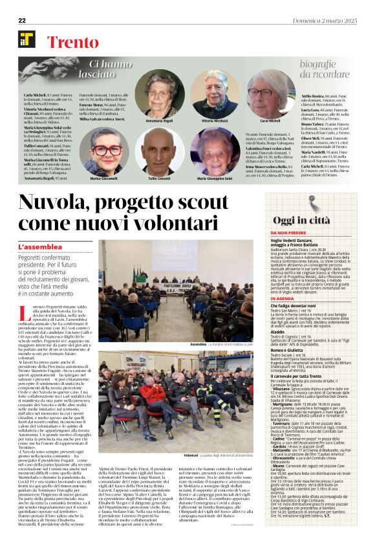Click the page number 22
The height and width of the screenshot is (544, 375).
21,21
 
